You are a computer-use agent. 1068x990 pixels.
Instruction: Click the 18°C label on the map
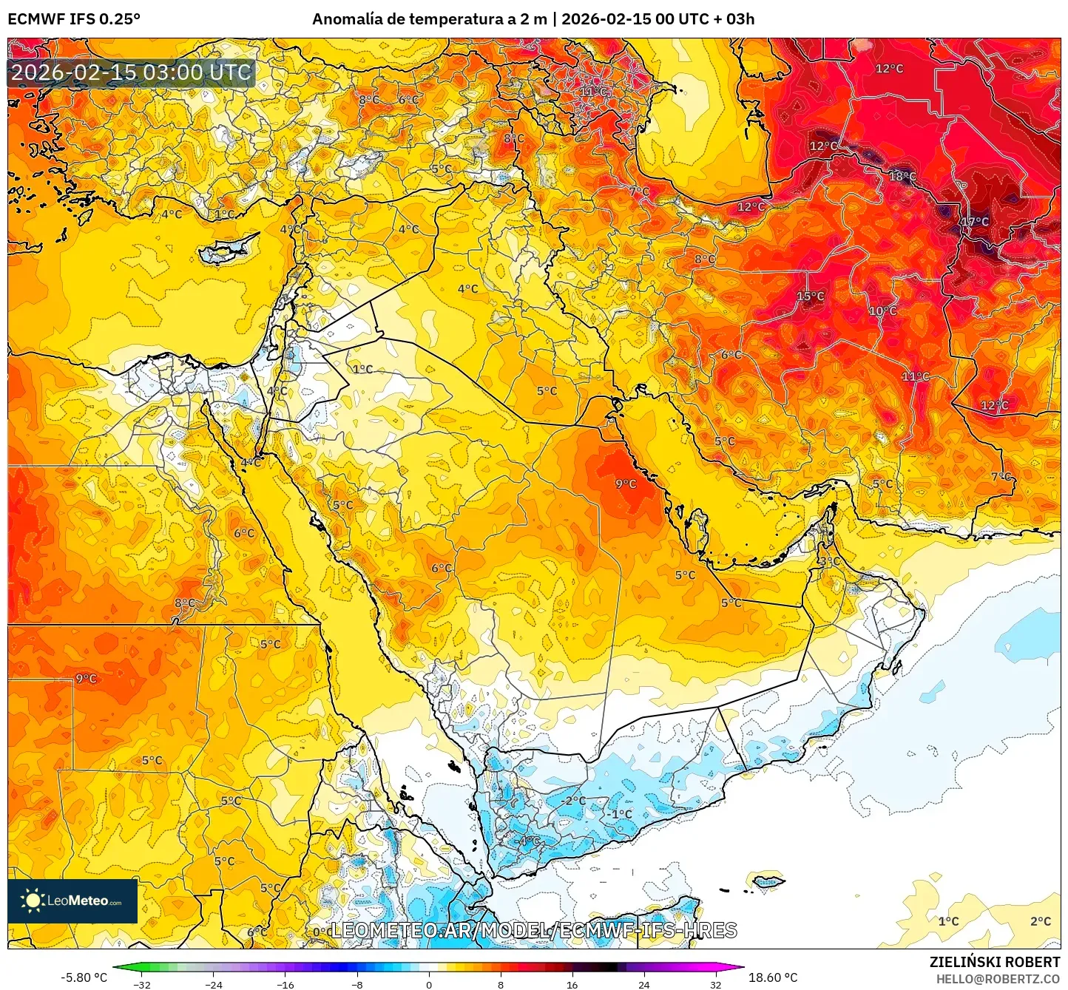(902, 177)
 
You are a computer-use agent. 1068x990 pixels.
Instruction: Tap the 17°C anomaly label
(975, 222)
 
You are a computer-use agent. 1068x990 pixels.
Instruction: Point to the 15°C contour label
(810, 296)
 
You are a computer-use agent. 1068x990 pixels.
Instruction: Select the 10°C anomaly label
(882, 311)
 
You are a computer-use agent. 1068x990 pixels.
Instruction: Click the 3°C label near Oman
(829, 562)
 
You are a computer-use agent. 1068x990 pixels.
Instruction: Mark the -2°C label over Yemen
(572, 801)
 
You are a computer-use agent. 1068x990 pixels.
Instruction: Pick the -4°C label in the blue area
(528, 841)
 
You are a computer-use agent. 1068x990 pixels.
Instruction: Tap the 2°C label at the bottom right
(1040, 921)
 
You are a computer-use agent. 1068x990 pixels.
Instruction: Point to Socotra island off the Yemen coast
(766, 881)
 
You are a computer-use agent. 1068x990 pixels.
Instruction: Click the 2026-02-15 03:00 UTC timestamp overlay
(132, 72)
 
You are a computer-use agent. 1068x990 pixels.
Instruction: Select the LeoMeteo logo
(72, 901)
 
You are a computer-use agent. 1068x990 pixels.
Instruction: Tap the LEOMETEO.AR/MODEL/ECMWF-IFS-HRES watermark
(533, 930)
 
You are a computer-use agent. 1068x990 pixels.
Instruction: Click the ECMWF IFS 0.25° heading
(74, 19)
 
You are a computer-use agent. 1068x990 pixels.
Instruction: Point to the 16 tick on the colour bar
(572, 985)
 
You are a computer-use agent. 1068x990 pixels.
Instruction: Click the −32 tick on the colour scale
(142, 985)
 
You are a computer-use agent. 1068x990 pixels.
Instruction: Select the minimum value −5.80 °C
(84, 977)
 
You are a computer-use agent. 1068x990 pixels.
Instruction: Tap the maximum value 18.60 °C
(773, 977)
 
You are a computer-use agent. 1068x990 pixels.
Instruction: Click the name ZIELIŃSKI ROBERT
(994, 962)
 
